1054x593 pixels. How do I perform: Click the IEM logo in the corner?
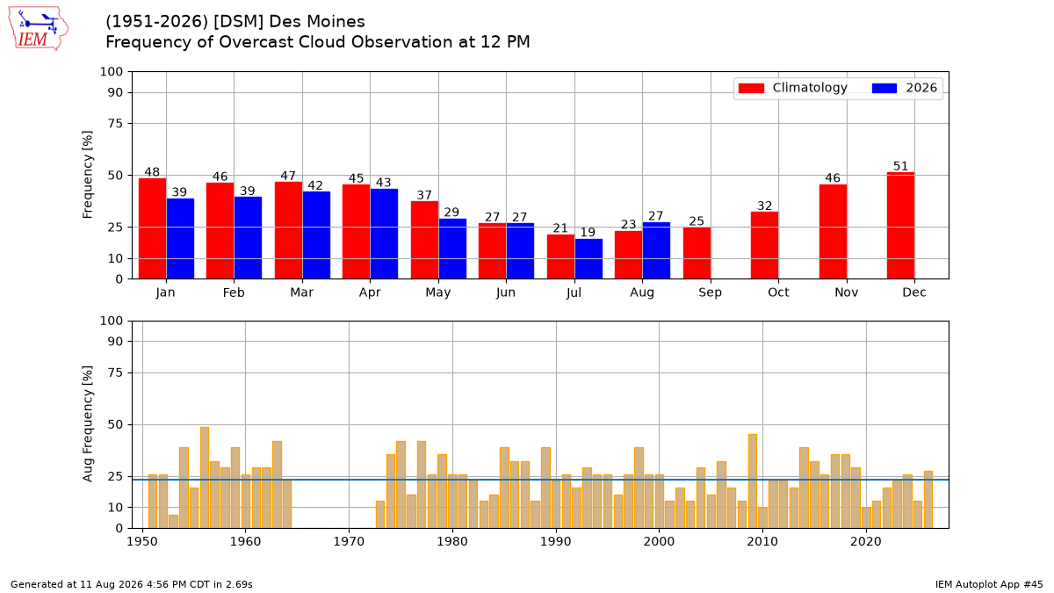click(39, 29)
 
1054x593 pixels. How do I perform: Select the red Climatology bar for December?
click(900, 226)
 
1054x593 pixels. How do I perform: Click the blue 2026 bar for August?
click(656, 250)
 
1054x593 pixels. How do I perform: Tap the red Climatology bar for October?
click(764, 245)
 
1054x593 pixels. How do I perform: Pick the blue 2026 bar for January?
click(180, 239)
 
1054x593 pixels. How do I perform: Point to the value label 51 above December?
click(900, 166)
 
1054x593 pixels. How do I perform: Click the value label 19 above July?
click(588, 232)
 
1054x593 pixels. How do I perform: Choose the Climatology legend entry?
click(793, 88)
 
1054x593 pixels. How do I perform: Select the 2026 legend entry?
click(905, 88)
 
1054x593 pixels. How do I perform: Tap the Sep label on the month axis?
click(710, 293)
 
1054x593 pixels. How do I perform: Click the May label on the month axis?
click(438, 293)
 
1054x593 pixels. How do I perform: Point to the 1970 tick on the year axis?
click(349, 542)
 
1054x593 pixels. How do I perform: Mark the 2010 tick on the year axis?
click(762, 542)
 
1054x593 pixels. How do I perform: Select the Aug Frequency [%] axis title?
click(88, 423)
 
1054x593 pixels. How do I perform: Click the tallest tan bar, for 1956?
click(204, 478)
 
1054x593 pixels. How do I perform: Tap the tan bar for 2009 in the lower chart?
click(753, 481)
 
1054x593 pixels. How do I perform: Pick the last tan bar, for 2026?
click(928, 500)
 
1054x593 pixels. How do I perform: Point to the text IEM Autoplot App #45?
click(989, 584)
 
